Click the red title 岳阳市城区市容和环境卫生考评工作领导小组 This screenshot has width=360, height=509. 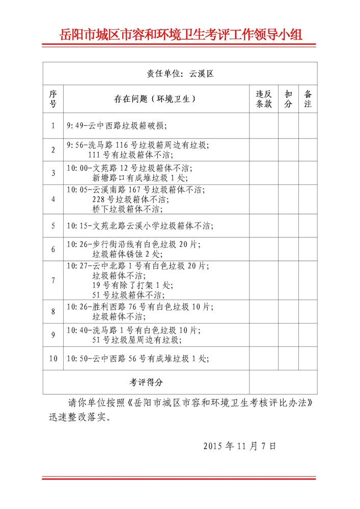(x=180, y=34)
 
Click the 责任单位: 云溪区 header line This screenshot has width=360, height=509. (x=179, y=73)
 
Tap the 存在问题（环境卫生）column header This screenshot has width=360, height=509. (x=155, y=99)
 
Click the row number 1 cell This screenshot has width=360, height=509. (x=53, y=125)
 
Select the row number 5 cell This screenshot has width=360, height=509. (x=53, y=225)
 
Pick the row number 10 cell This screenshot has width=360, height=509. (x=53, y=358)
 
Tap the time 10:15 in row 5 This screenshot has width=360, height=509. (x=77, y=225)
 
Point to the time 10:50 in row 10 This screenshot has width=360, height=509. (x=77, y=358)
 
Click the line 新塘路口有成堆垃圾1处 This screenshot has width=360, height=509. (x=141, y=178)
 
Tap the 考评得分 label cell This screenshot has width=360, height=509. (x=146, y=382)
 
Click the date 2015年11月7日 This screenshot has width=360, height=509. (x=239, y=445)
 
